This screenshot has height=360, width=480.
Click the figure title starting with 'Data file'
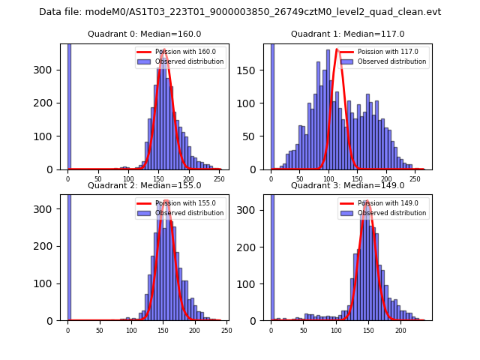coord(240,12)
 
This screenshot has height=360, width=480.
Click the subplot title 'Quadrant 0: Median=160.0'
coord(144,34)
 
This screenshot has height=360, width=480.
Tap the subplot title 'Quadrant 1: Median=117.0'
coord(347,34)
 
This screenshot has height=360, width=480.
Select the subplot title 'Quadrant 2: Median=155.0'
coord(144,185)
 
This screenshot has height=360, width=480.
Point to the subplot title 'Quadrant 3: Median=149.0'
coord(347,185)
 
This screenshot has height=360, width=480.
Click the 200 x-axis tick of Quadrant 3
coord(400,330)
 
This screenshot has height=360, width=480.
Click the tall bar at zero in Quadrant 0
coord(68,105)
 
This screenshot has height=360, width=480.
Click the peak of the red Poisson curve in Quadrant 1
coord(338,50)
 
